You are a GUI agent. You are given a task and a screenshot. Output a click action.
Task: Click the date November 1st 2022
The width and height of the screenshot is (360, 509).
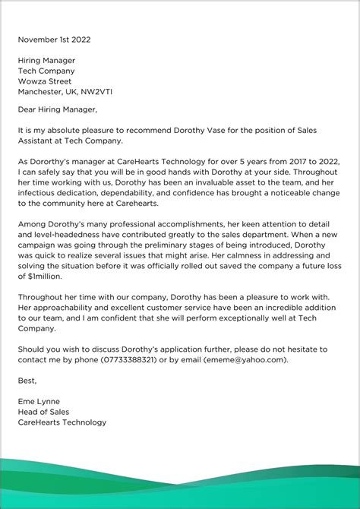(53, 39)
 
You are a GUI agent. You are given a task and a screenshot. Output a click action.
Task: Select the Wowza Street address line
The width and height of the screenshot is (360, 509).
(45, 81)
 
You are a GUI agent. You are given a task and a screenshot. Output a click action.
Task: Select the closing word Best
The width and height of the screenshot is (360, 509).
(27, 380)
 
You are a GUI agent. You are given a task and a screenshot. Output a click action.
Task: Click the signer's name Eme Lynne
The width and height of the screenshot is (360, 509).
(39, 401)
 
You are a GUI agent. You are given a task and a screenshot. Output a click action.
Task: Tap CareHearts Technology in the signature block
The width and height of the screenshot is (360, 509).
(62, 422)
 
